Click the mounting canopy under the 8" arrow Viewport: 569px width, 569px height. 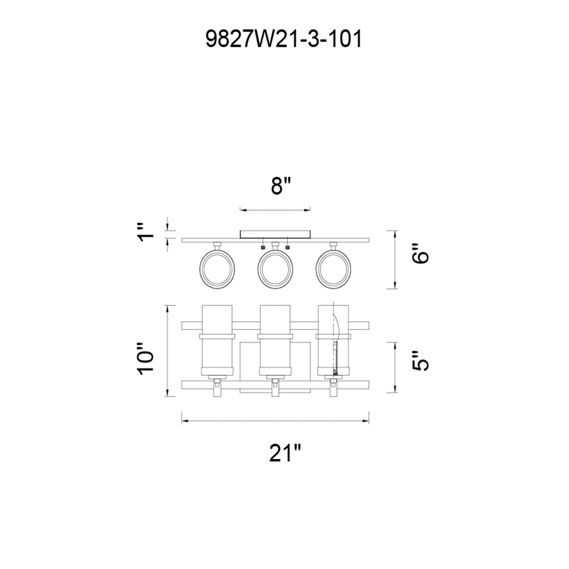tap(275, 234)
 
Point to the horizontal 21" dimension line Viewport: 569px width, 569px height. tap(275, 421)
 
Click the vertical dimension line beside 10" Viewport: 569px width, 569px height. tap(168, 351)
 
